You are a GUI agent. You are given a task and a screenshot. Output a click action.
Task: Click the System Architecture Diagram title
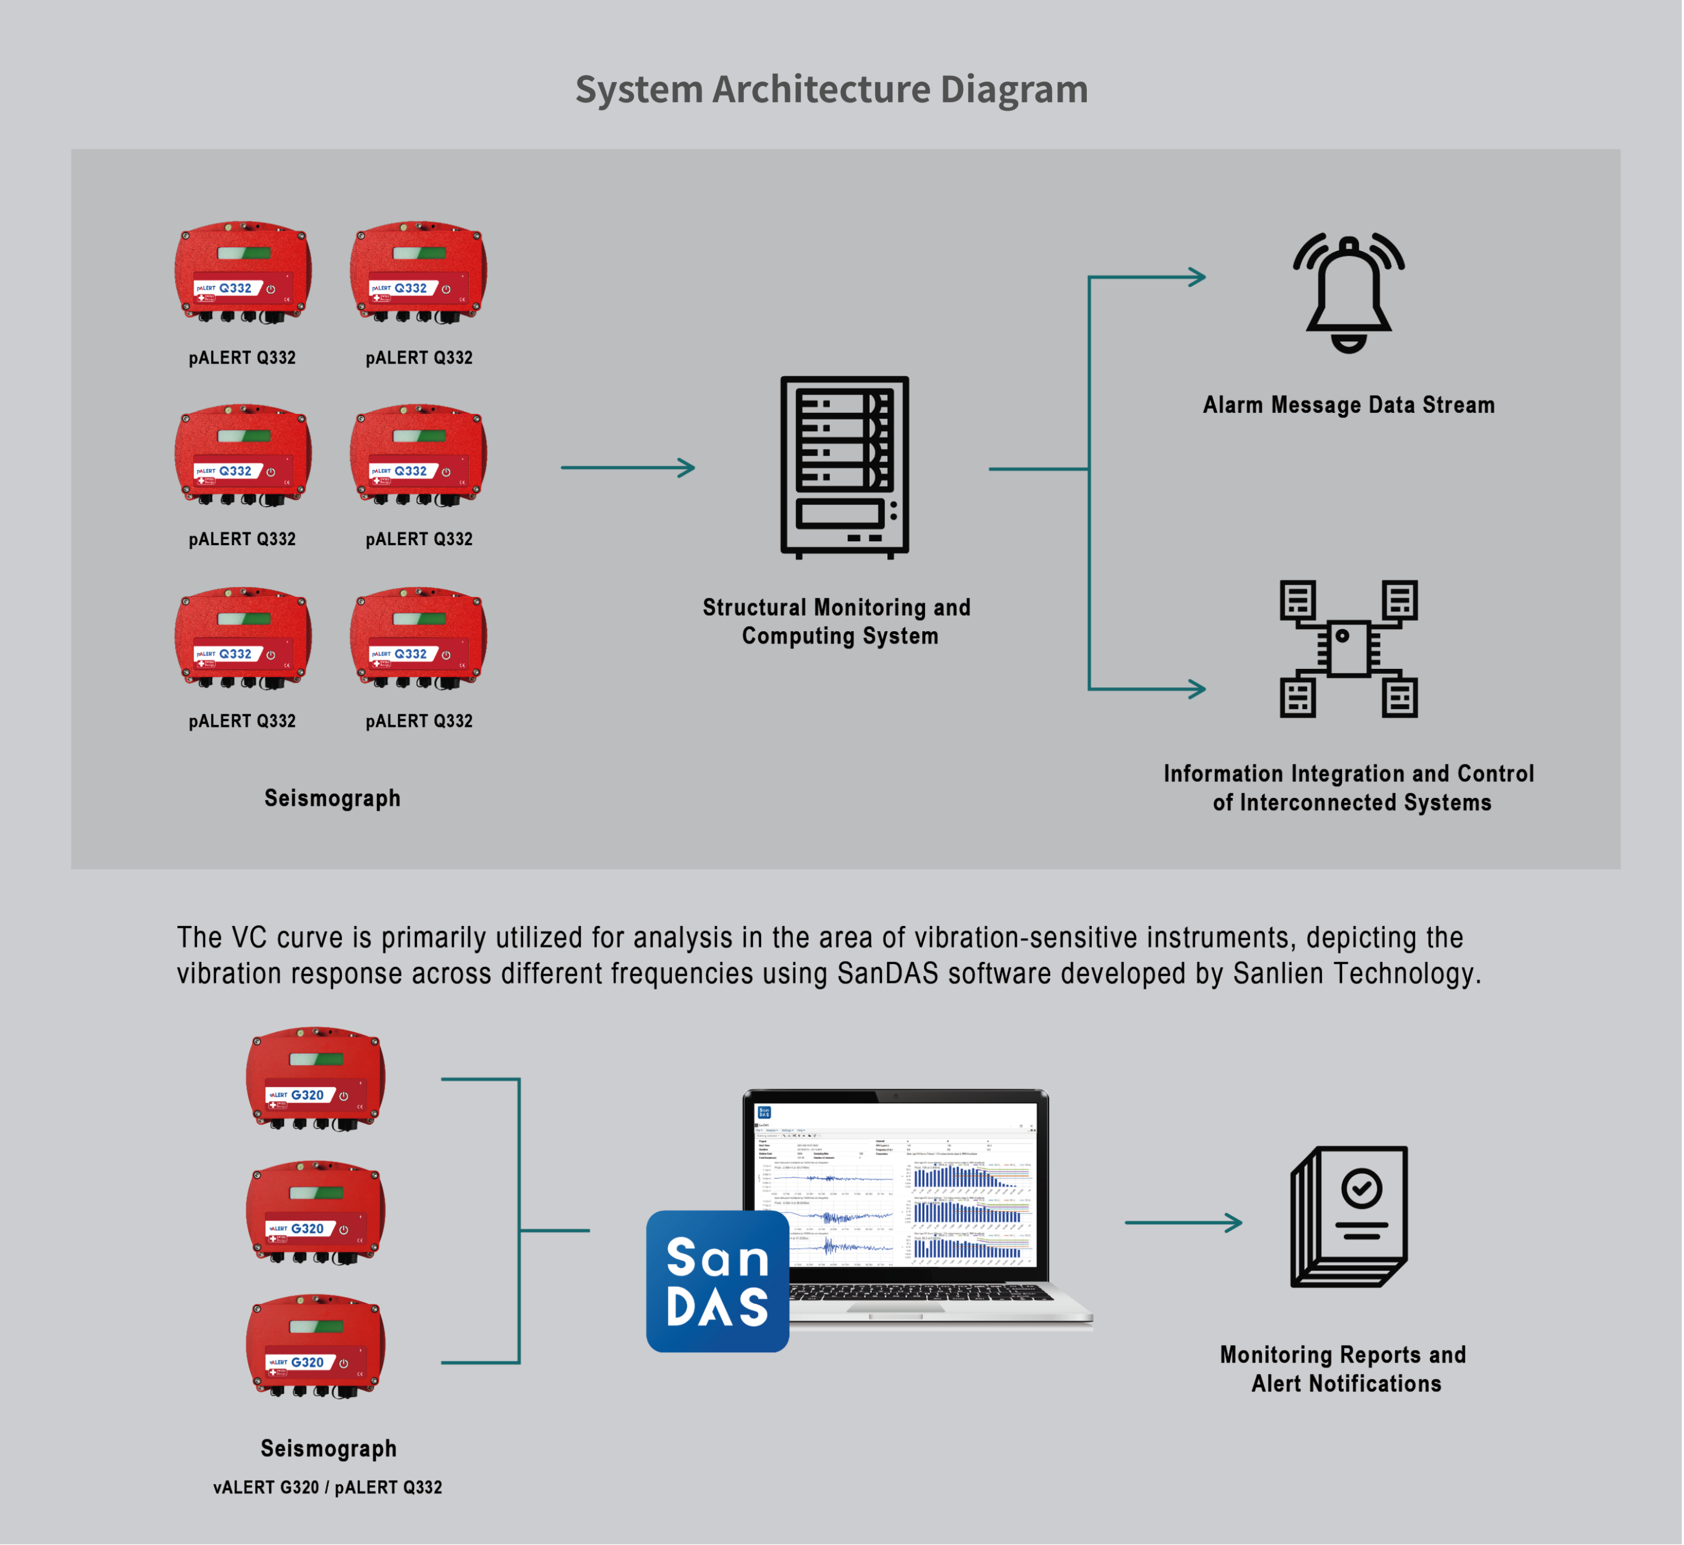click(x=831, y=89)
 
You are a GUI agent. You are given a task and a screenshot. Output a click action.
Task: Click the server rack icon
click(x=844, y=467)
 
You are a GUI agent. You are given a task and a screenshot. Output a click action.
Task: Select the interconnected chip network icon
click(x=1348, y=649)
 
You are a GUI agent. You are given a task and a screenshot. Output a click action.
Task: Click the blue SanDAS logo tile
click(x=717, y=1281)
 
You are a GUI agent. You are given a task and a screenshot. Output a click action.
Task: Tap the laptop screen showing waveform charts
click(x=896, y=1187)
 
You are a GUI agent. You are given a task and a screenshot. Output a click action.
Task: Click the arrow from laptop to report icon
click(x=1183, y=1222)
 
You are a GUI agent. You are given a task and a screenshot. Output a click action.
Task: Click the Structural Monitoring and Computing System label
click(x=836, y=621)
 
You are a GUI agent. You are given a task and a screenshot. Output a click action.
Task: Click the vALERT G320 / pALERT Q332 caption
click(x=327, y=1487)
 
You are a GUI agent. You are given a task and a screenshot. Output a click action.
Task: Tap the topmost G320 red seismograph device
click(x=315, y=1078)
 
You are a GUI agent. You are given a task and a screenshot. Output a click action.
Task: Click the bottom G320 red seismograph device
click(x=315, y=1346)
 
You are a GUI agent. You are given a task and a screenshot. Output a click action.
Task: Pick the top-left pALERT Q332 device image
click(x=243, y=272)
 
